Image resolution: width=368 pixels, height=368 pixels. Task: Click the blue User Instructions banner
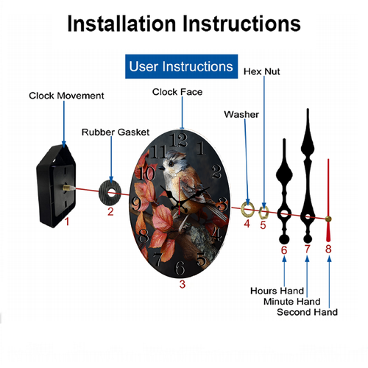[181, 66]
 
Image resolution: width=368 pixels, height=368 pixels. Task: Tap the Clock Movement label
[66, 96]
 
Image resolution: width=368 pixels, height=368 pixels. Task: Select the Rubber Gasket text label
[116, 132]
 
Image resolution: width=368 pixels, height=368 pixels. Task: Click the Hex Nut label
[261, 71]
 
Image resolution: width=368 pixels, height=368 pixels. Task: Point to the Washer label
[241, 115]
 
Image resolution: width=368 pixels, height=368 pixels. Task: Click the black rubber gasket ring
[110, 200]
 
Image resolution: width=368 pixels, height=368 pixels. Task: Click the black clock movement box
[56, 185]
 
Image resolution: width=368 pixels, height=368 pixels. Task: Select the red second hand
[328, 200]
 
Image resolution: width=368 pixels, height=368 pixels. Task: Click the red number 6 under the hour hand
[284, 250]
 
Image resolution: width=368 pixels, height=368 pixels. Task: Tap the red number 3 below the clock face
[183, 284]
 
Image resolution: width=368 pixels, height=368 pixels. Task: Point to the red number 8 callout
[328, 249]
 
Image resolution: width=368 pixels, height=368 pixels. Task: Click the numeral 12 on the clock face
[180, 140]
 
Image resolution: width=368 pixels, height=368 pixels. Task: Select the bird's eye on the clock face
[171, 163]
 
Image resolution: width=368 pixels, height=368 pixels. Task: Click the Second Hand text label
[307, 312]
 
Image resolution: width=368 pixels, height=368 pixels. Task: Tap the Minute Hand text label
[292, 301]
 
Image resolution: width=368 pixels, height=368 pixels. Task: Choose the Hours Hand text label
[277, 291]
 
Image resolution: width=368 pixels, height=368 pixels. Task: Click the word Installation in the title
[121, 24]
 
